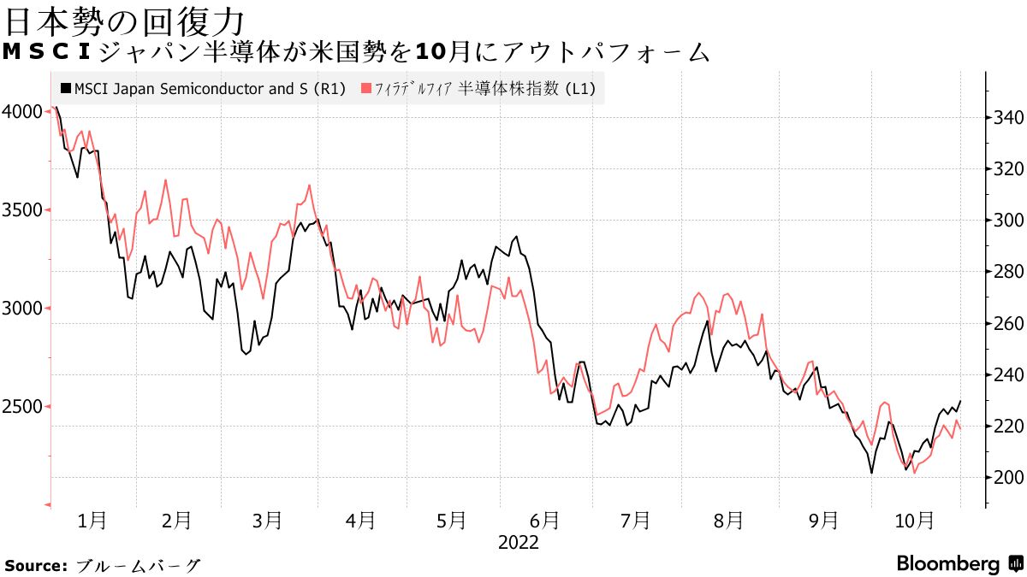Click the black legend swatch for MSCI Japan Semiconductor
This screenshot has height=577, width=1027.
pyautogui.click(x=66, y=88)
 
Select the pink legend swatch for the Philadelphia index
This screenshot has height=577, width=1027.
pyautogui.click(x=367, y=88)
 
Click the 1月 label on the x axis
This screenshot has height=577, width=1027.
pyautogui.click(x=92, y=520)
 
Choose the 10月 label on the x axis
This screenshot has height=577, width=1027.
pyautogui.click(x=913, y=520)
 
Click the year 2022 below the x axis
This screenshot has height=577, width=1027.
pyautogui.click(x=518, y=543)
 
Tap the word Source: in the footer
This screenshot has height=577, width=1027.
pyautogui.click(x=36, y=565)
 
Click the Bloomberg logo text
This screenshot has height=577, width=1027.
pyautogui.click(x=947, y=564)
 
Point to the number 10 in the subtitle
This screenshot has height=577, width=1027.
pyautogui.click(x=430, y=53)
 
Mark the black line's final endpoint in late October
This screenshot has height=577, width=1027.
pyautogui.click(x=960, y=401)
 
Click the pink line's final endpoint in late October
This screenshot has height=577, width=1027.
pyautogui.click(x=960, y=428)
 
